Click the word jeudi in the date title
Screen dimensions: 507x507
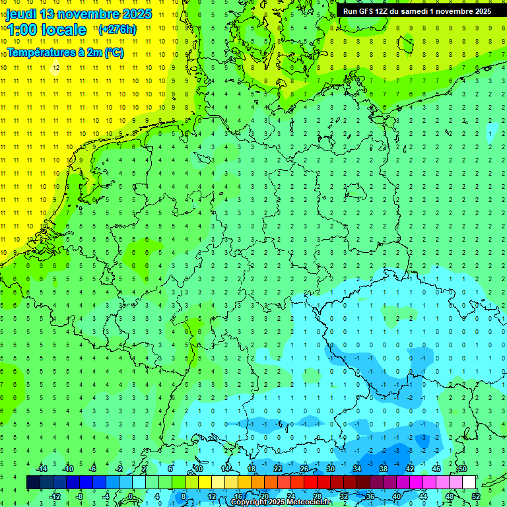pos(21,14)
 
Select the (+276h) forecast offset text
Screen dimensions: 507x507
pos(118,29)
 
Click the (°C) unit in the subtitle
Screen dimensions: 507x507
pos(114,52)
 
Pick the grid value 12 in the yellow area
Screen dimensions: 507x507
pos(56,67)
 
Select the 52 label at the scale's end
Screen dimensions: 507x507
pos(476,496)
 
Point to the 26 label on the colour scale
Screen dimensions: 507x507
pos(304,469)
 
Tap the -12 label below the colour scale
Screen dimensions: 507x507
pos(55,496)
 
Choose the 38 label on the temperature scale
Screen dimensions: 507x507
pos(384,469)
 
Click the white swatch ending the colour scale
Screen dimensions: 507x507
pos(469,483)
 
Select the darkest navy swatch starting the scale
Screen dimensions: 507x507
pos(33,483)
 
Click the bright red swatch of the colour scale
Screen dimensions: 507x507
pos(310,483)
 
